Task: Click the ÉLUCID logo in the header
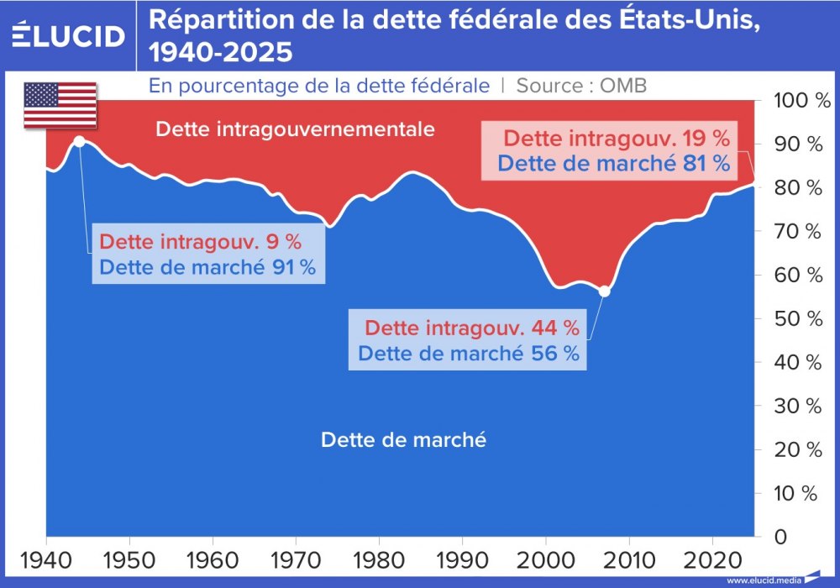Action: pyautogui.click(x=69, y=36)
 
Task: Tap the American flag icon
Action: pyautogui.click(x=60, y=106)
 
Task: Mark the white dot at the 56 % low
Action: pyautogui.click(x=603, y=291)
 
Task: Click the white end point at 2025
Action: pyautogui.click(x=753, y=184)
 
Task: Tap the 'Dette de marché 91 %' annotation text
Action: pyautogui.click(x=207, y=268)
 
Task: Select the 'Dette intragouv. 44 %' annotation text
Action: pyautogui.click(x=472, y=327)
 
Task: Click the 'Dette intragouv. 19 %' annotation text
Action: pyautogui.click(x=616, y=138)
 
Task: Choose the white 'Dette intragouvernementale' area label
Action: pyautogui.click(x=296, y=129)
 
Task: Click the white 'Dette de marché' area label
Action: pyautogui.click(x=403, y=439)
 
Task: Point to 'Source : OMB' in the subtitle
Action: pyautogui.click(x=581, y=86)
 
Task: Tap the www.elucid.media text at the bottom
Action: pyautogui.click(x=763, y=580)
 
